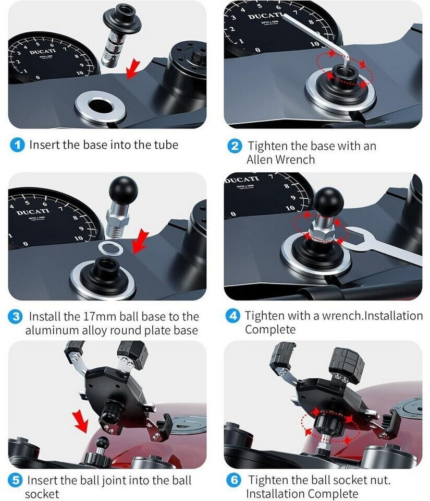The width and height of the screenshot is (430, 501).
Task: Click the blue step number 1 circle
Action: click(x=17, y=145)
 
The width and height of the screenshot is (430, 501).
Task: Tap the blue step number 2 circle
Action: click(x=235, y=146)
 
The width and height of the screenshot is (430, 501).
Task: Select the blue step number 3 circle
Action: click(x=16, y=317)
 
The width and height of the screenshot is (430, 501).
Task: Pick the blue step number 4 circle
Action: click(x=233, y=316)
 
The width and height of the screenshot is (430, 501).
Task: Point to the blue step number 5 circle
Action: click(x=15, y=481)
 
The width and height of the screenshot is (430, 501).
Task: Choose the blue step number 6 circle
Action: click(x=234, y=480)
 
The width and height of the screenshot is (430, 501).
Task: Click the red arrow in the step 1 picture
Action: click(x=133, y=69)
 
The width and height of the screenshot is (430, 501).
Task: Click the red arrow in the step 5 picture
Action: click(x=80, y=422)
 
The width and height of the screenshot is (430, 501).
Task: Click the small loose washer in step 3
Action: click(x=110, y=248)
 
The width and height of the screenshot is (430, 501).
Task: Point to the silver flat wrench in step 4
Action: click(x=382, y=244)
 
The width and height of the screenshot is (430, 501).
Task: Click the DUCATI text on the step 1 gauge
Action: click(x=43, y=52)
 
